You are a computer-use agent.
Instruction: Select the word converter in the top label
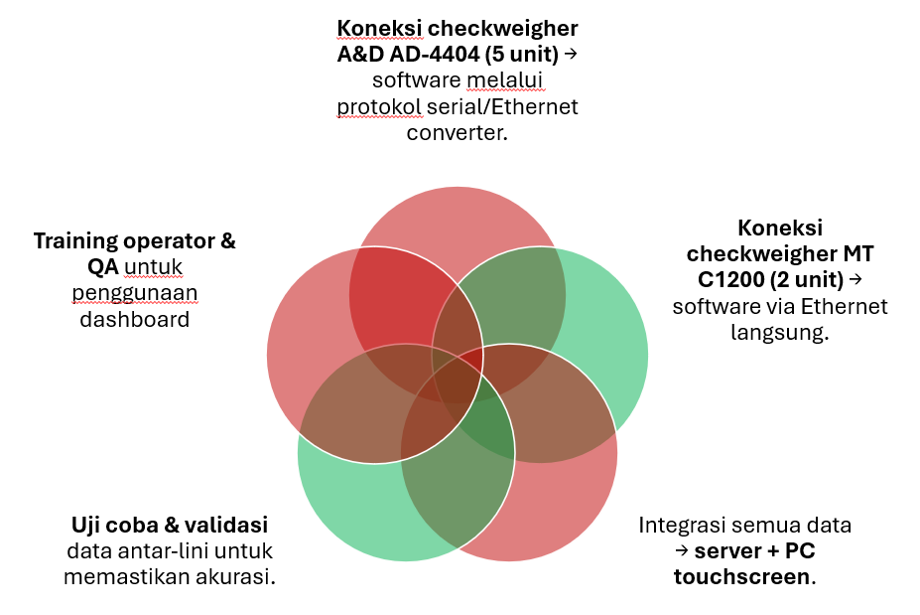(x=457, y=131)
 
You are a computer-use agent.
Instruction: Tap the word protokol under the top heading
(x=375, y=105)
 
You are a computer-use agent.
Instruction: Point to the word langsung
(x=779, y=332)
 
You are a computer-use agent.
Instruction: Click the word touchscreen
(x=740, y=576)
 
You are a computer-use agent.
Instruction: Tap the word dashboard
(x=134, y=319)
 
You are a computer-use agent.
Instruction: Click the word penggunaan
(x=134, y=292)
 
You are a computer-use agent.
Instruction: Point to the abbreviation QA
(x=103, y=266)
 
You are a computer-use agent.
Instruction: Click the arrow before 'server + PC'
(x=681, y=550)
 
